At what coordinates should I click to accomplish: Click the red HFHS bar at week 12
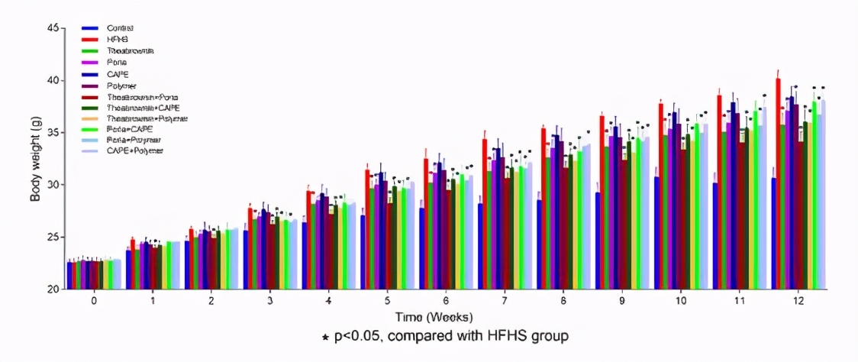point(778,183)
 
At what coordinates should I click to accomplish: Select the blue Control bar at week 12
point(773,233)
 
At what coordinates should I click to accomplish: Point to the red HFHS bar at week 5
point(367,229)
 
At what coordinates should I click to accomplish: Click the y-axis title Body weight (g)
point(34,160)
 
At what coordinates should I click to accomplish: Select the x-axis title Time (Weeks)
point(433,316)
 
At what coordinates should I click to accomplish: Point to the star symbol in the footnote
point(326,337)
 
